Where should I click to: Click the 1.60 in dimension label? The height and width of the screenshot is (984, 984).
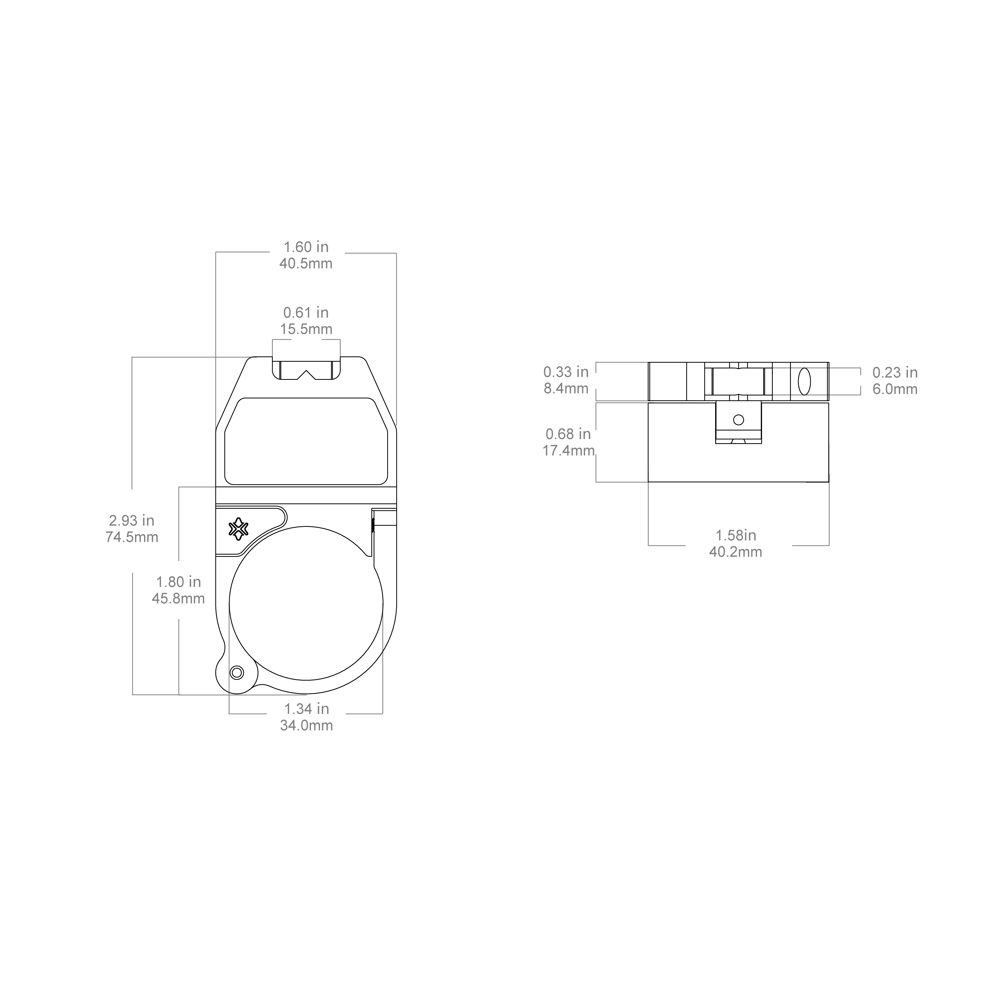(x=306, y=247)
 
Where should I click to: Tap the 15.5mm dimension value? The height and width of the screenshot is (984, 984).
(x=306, y=329)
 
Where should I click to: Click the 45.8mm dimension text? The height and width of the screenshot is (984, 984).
(x=178, y=598)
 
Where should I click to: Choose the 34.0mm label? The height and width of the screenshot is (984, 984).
(x=306, y=725)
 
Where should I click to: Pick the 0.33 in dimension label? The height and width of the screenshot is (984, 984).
(x=566, y=372)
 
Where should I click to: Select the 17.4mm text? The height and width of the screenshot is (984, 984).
(x=568, y=451)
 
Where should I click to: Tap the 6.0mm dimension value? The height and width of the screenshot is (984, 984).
(x=895, y=389)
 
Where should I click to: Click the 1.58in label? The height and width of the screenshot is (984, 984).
(x=736, y=535)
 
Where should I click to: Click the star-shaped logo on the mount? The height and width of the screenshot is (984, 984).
(x=238, y=529)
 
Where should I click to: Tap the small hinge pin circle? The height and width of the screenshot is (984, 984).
(x=237, y=673)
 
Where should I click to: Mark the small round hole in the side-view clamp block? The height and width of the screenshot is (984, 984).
(x=739, y=420)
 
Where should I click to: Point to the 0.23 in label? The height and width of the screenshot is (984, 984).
(x=895, y=373)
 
